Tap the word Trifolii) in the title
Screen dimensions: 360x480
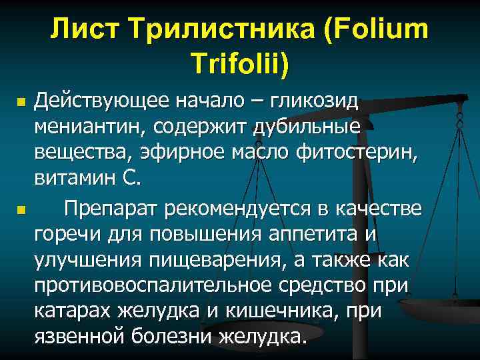click(x=241, y=64)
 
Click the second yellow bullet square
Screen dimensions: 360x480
click(x=21, y=211)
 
